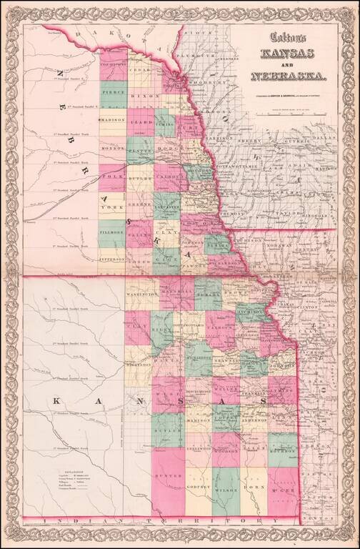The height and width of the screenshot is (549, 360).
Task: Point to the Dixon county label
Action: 141,95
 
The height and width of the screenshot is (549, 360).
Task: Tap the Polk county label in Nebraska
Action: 112,176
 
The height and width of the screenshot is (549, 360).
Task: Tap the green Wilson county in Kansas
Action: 226,491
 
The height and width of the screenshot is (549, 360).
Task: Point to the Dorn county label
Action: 254,490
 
